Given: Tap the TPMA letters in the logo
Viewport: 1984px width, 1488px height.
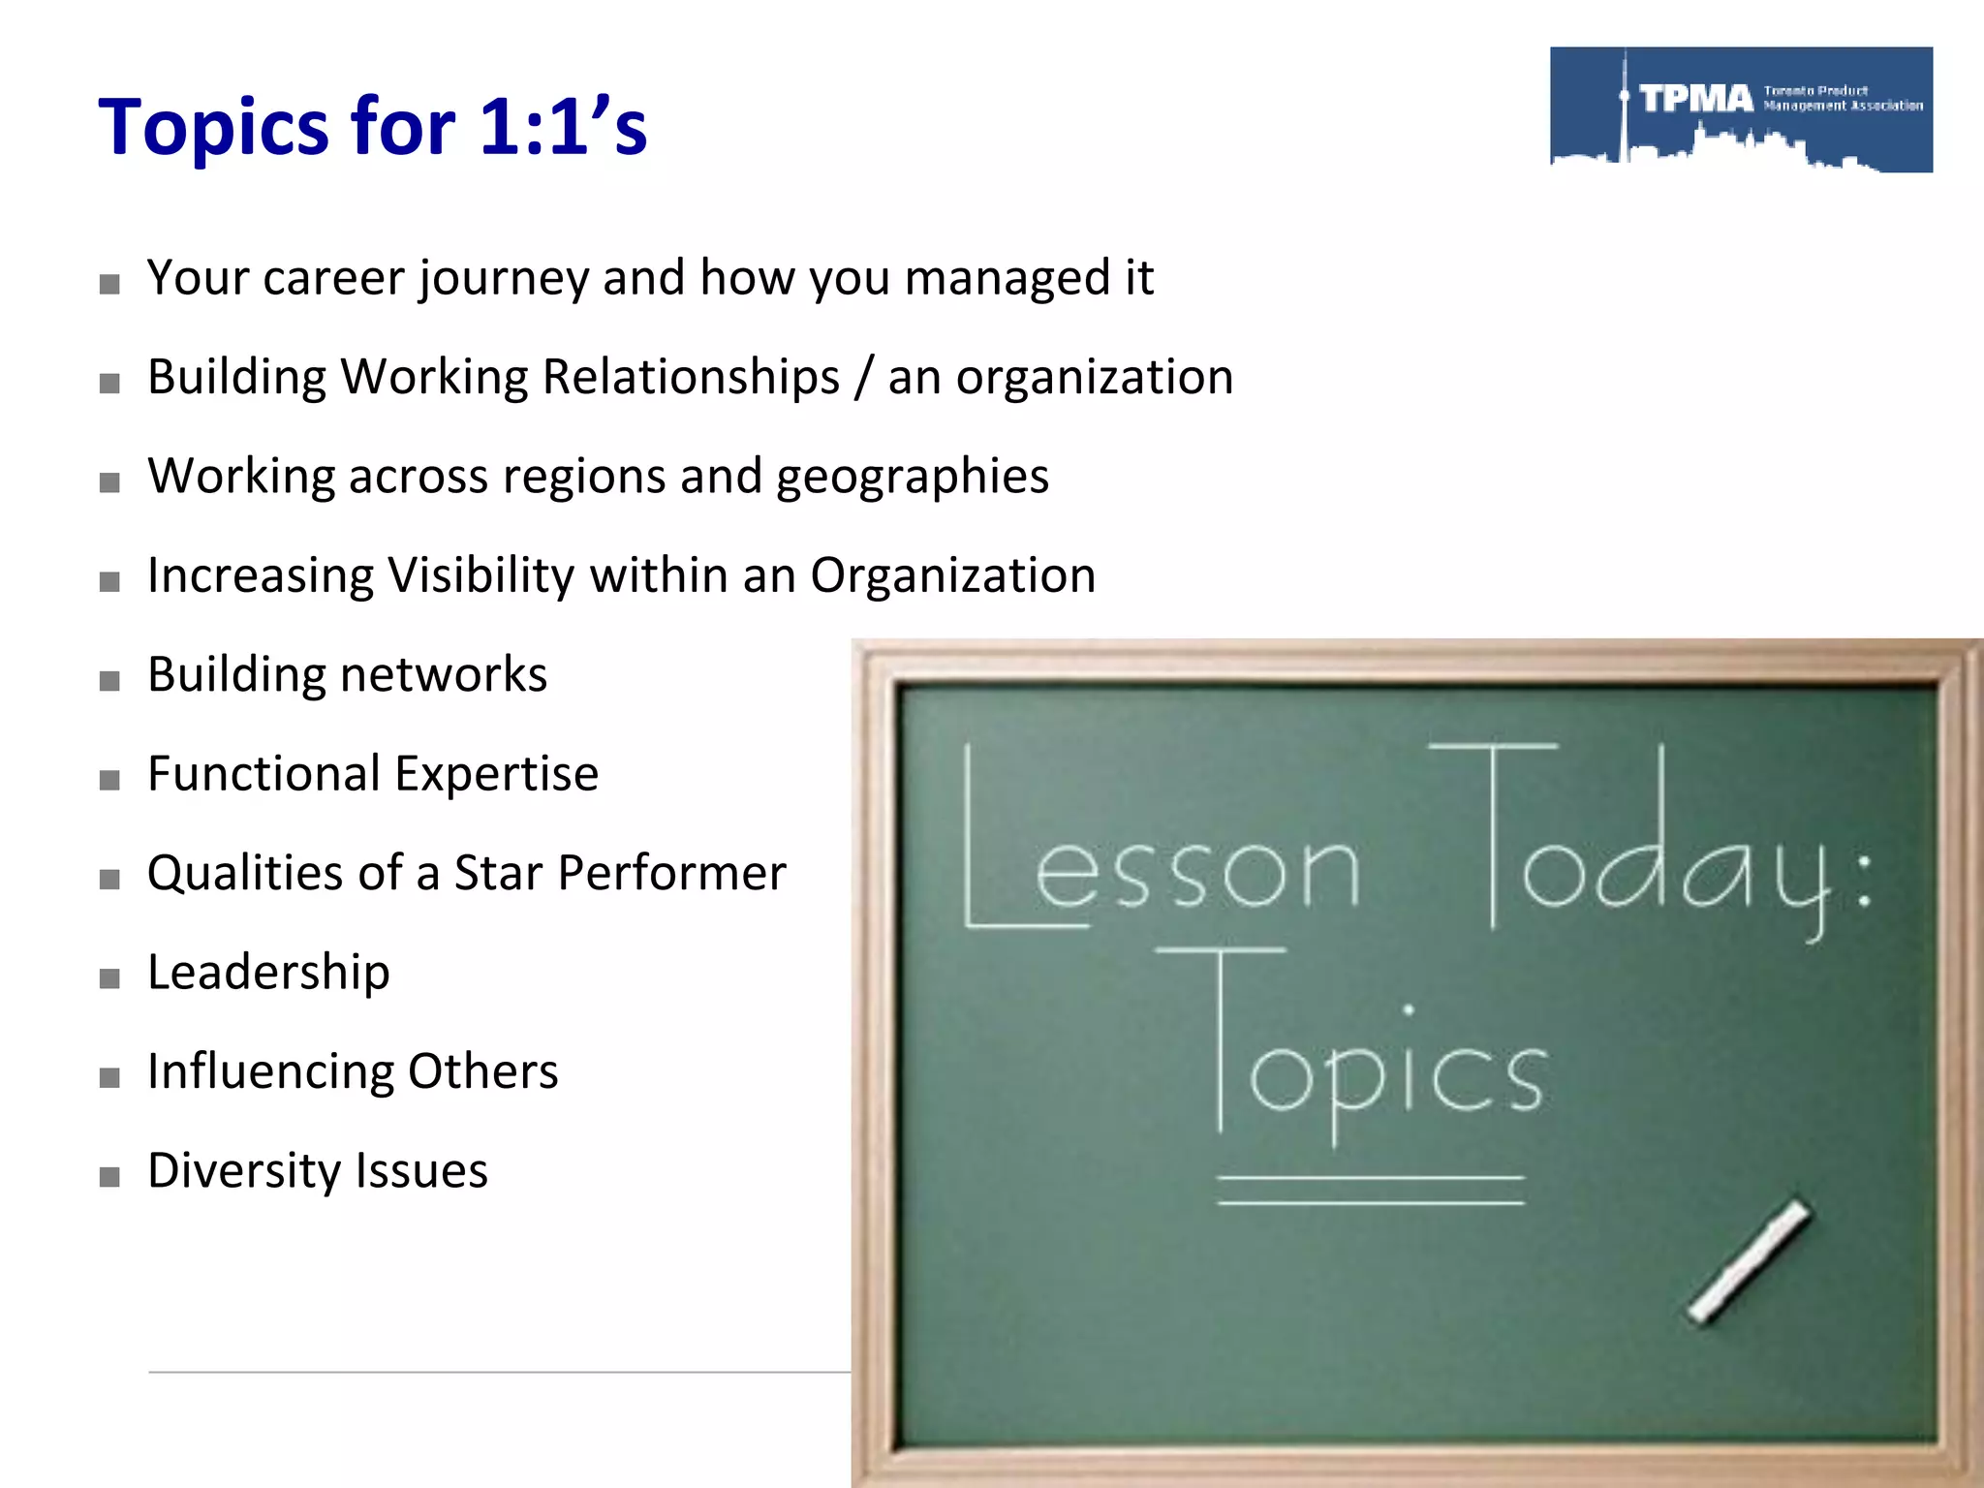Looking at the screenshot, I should tap(1696, 99).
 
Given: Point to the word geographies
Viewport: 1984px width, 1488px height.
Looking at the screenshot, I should tap(912, 477).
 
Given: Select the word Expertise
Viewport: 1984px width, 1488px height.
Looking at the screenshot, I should tap(496, 774).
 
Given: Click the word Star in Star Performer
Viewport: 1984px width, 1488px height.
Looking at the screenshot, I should tap(499, 873).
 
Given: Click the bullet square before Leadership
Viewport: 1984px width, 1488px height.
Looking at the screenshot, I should tap(109, 978).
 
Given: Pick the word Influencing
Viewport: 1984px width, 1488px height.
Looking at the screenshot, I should tap(270, 1072).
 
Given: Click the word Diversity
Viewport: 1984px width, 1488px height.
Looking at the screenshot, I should tap(243, 1171).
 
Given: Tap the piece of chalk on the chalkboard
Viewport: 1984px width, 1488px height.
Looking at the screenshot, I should tap(1749, 1261).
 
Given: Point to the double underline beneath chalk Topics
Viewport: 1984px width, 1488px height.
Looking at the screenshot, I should tap(1371, 1191).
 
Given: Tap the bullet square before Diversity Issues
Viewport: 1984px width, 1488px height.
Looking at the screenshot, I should tap(109, 1177).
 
